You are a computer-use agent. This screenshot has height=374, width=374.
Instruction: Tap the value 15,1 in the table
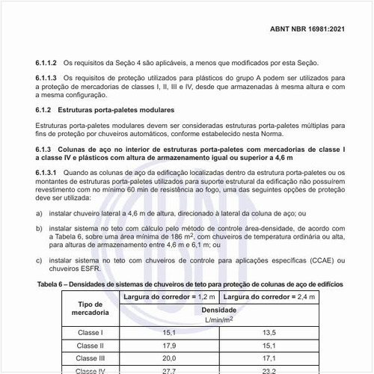tap(168, 332)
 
